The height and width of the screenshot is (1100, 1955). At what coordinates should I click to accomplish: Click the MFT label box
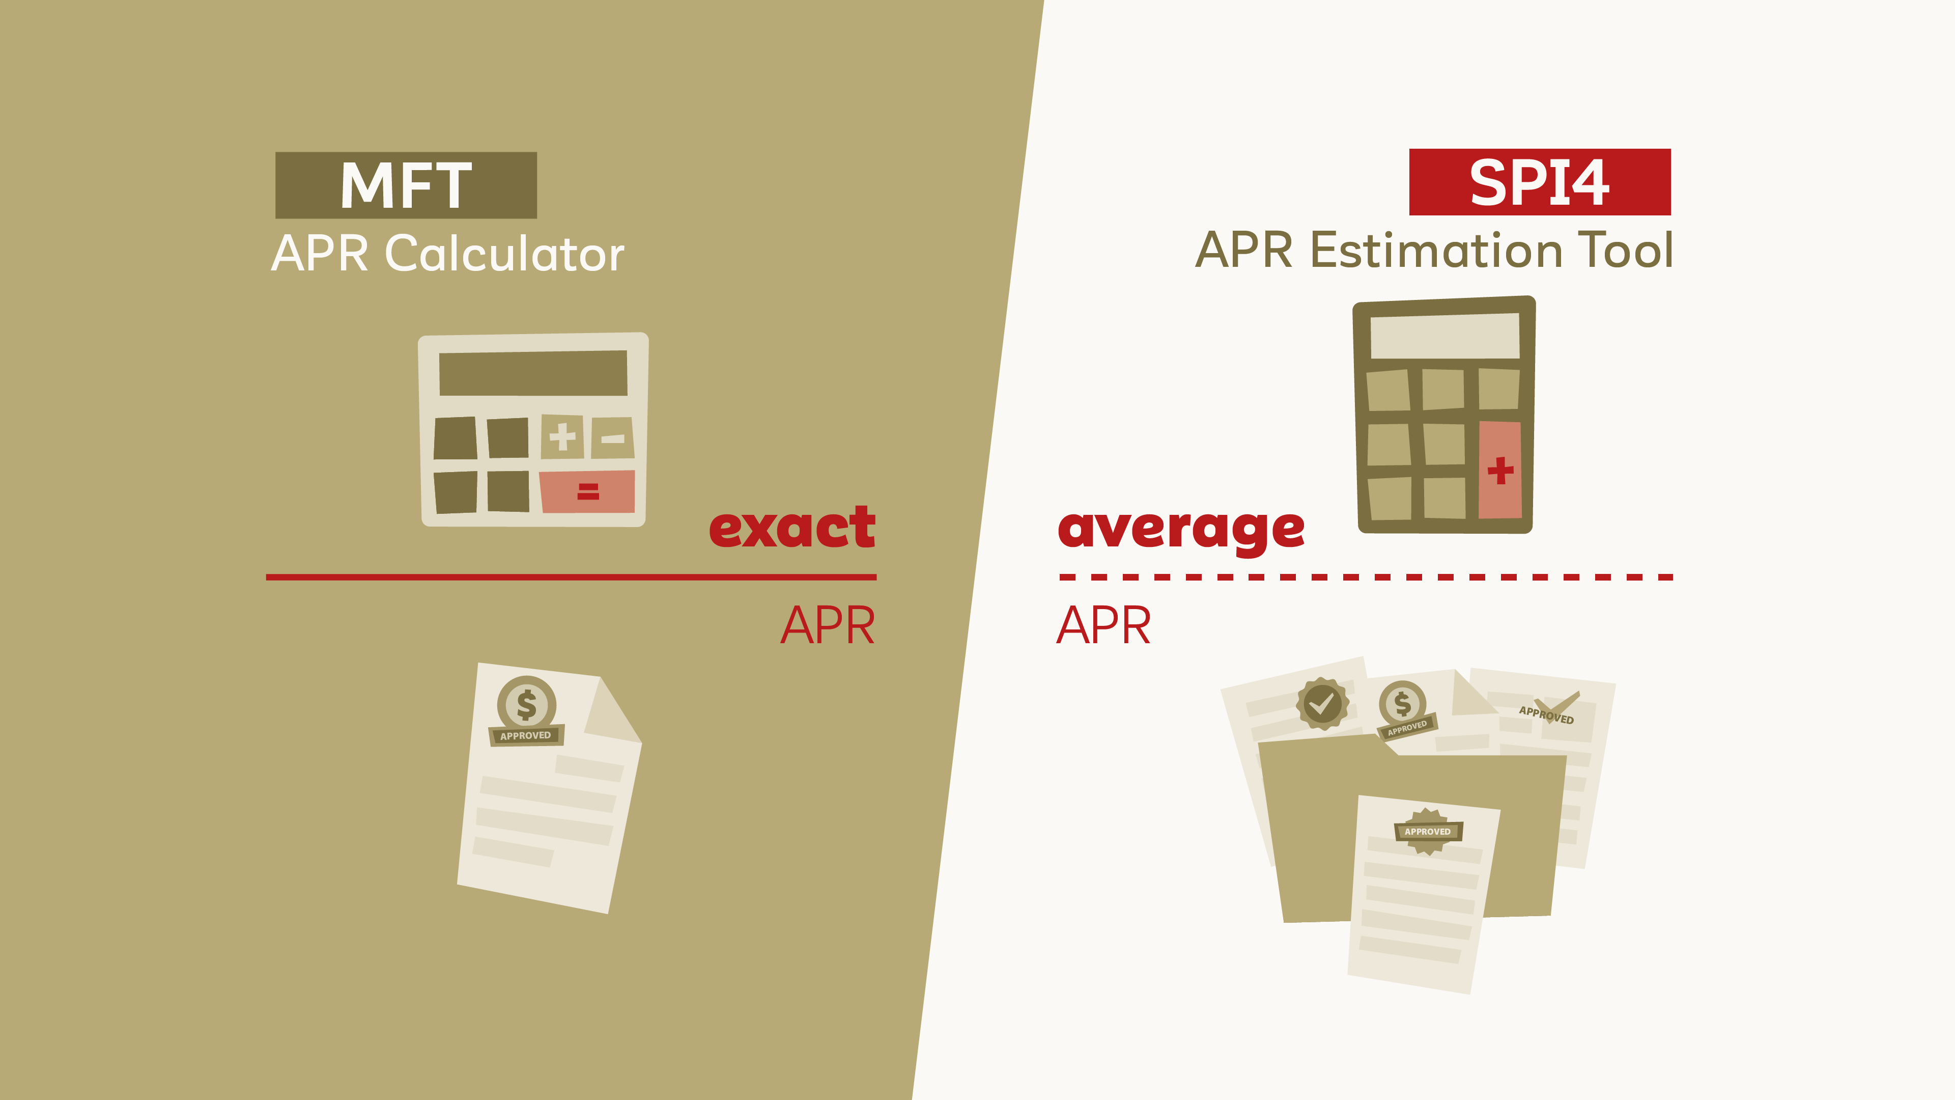click(x=406, y=185)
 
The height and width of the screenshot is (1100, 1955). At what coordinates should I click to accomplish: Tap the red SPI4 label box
click(x=1540, y=182)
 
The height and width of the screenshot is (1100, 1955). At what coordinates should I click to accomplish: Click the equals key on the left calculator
click(x=587, y=491)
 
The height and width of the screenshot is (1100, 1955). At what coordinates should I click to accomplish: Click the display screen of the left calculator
click(x=533, y=373)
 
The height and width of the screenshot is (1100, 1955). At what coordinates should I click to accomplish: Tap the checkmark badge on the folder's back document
click(x=1322, y=704)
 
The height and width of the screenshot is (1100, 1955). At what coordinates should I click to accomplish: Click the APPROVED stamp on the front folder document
click(x=1428, y=831)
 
